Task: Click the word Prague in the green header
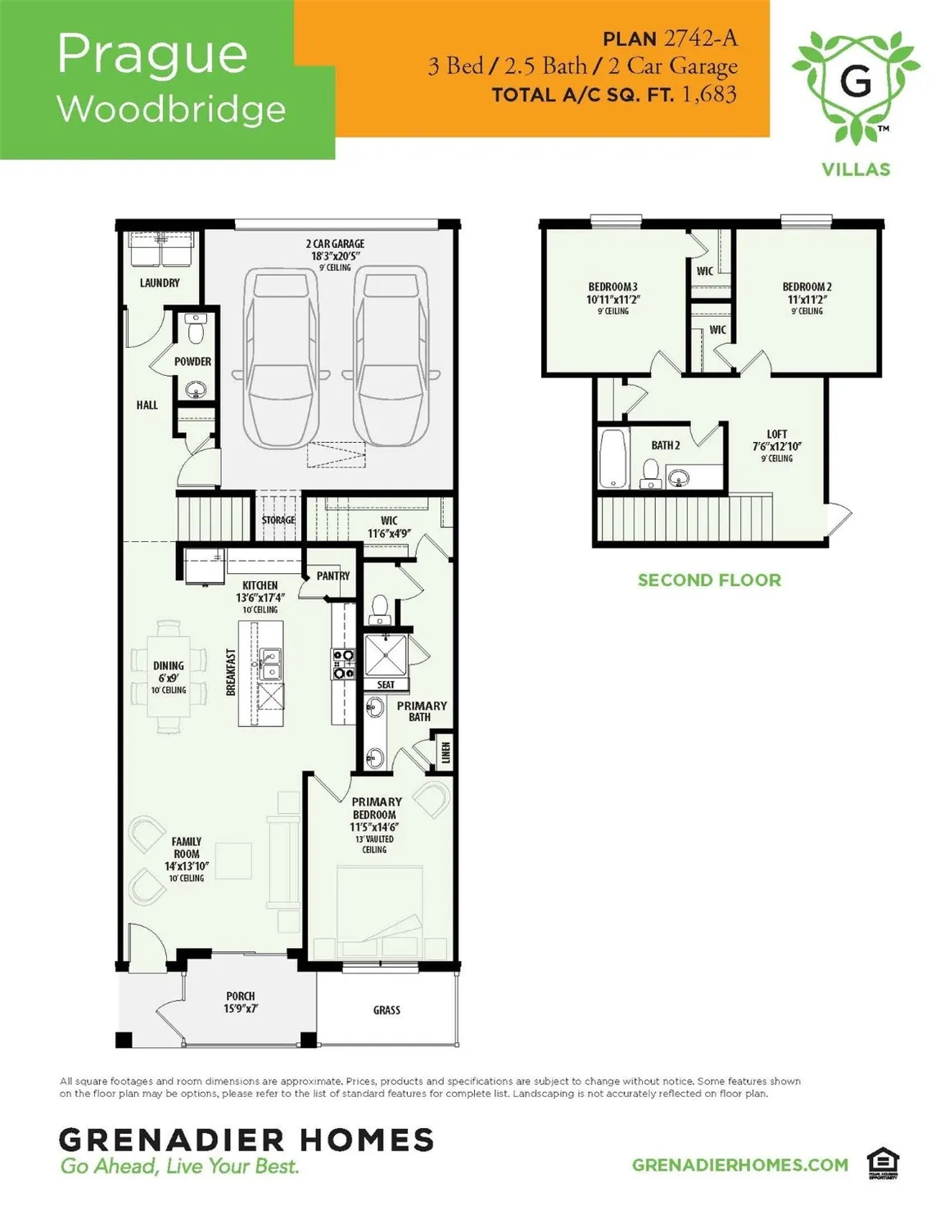tap(152, 56)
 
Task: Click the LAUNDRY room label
tap(160, 283)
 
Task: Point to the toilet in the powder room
tap(196, 330)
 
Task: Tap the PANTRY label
tap(333, 576)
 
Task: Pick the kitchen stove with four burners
tap(343, 664)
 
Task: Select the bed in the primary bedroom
tap(382, 914)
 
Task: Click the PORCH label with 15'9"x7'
tap(241, 1003)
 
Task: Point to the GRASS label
tap(386, 1010)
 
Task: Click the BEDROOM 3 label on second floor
tap(612, 292)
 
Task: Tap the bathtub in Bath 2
tap(612, 458)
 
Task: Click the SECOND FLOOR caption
tap(709, 580)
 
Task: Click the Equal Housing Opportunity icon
tap(883, 1165)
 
